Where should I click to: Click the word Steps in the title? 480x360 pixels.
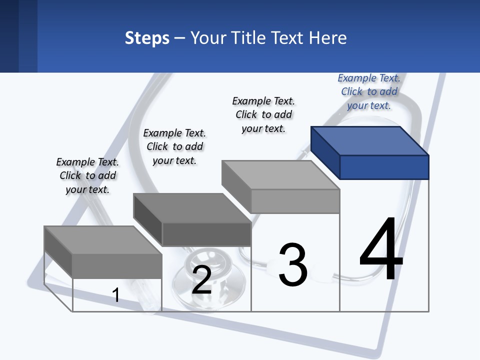pos(147,38)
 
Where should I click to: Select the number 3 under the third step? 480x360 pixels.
pos(293,265)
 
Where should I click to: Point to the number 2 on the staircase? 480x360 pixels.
pos(201,279)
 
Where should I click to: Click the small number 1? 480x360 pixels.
pos(115,295)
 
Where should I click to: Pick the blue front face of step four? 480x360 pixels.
pos(384,167)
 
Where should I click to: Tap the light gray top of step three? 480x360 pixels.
pos(280,175)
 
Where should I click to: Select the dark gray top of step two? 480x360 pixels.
pos(192,207)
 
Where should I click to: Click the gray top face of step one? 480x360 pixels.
pos(102,240)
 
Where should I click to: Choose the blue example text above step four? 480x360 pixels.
pos(369,91)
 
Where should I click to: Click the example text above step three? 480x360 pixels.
pos(263,114)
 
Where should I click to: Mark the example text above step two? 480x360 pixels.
pos(174,146)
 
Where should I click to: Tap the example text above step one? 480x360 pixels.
pos(87,175)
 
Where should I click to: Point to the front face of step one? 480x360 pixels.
pos(117,265)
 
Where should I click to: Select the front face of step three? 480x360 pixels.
pos(295,201)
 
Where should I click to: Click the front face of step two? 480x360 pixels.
pos(206,234)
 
